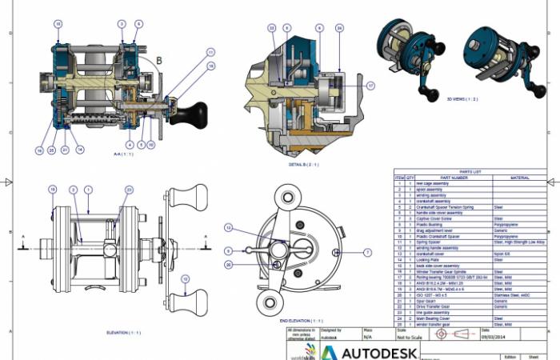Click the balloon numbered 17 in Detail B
pyautogui.click(x=370, y=86)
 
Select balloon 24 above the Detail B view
pyautogui.click(x=339, y=28)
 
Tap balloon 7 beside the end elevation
pyautogui.click(x=368, y=252)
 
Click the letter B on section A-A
pyautogui.click(x=158, y=60)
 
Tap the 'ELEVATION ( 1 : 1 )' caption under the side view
pyautogui.click(x=123, y=332)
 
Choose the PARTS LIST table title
pyautogui.click(x=470, y=171)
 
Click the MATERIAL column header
pyautogui.click(x=519, y=178)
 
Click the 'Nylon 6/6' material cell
pyautogui.click(x=503, y=254)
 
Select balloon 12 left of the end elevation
pyautogui.click(x=228, y=228)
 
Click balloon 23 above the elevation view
pyautogui.click(x=129, y=189)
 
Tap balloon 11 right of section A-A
pyautogui.click(x=210, y=52)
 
